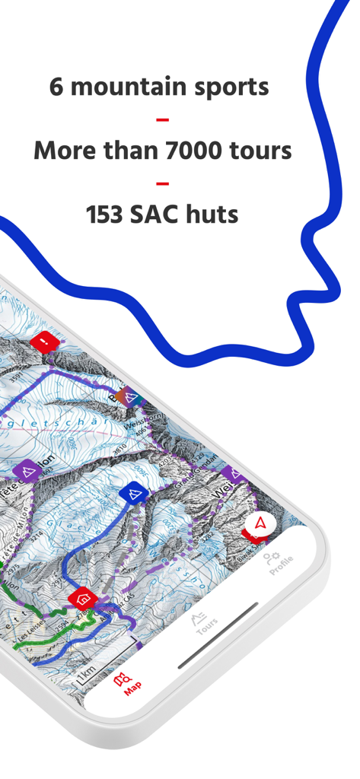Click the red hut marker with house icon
tap(82, 597)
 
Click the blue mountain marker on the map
tap(132, 494)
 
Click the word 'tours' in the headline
tap(261, 150)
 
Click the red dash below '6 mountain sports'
tap(162, 119)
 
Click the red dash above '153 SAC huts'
tap(162, 183)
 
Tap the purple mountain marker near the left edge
tap(28, 472)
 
